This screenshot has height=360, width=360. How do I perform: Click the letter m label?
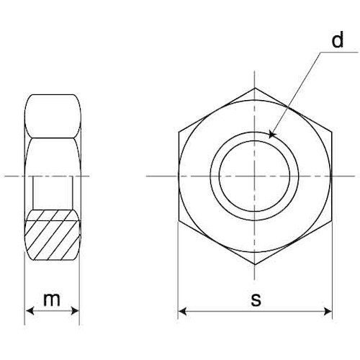(x=52, y=300)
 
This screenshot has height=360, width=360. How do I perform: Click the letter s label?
(x=256, y=300)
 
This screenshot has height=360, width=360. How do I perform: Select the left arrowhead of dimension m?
(x=30, y=311)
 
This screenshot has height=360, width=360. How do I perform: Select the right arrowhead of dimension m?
(x=75, y=311)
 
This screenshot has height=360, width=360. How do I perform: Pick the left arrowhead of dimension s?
(x=183, y=312)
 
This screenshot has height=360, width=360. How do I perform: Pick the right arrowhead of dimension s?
(x=328, y=312)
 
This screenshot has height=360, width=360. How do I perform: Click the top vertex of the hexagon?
(x=255, y=88)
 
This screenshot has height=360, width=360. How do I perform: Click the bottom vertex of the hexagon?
(x=255, y=265)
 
